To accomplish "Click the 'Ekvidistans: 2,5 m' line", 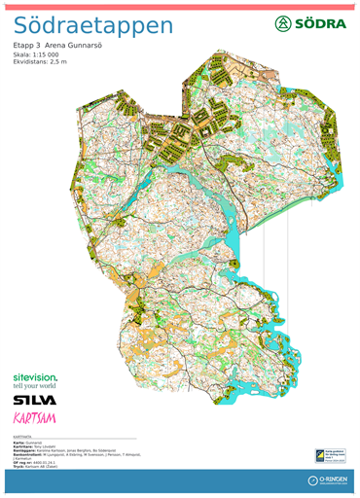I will click(x=40, y=61).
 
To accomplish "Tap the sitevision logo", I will click(x=34, y=376).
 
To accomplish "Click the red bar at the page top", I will click(x=180, y=4).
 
